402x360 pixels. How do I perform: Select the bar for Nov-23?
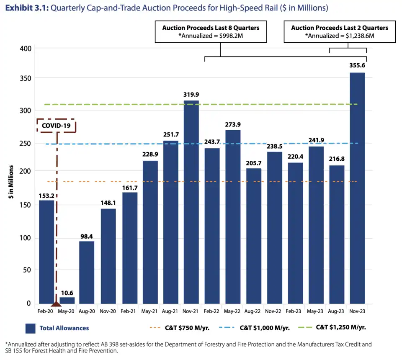357,188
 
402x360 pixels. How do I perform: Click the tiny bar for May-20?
67,300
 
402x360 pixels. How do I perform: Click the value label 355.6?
357,66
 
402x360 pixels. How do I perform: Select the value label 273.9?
232,124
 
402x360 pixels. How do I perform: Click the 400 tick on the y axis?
26,49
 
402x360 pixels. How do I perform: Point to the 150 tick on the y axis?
26,205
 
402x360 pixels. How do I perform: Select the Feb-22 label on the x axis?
212,311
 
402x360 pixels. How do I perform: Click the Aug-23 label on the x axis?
336,311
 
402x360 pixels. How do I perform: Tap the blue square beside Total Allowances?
30,329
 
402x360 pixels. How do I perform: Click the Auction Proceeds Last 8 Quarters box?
211,31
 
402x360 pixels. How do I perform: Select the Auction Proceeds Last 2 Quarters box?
339,31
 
